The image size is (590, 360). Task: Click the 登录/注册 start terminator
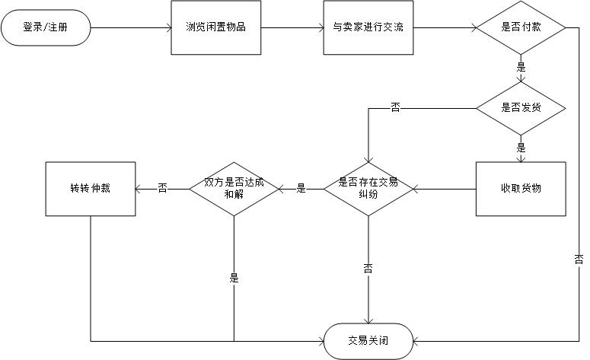pos(46,27)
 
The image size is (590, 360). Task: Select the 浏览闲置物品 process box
pos(216,27)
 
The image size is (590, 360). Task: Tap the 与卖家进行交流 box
pos(368,27)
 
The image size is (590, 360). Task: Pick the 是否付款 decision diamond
pos(521,27)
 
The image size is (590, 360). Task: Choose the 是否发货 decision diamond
pos(521,107)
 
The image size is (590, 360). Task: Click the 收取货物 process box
pos(521,188)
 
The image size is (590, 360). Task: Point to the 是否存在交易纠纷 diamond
pos(368,188)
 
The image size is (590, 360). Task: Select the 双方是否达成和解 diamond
pos(234,188)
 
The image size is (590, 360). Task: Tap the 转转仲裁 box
pos(91,188)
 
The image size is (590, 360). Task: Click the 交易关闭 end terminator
pos(368,341)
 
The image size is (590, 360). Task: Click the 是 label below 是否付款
pos(521,67)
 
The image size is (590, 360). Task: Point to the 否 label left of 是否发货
pos(395,107)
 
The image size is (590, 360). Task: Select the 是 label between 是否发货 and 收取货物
pos(521,148)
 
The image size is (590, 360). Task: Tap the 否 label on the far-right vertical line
pos(579,260)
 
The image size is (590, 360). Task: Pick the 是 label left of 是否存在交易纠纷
pos(300,188)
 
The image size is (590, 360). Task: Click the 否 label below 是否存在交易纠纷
pos(368,268)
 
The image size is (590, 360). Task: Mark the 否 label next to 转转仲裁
pos(162,188)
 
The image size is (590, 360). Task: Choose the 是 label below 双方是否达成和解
pos(234,278)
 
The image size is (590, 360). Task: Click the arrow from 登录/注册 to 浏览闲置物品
pos(130,27)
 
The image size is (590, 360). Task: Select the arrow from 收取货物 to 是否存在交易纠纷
pos(445,188)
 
